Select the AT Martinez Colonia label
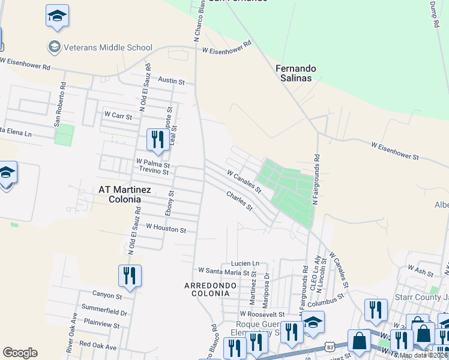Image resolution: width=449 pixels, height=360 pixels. tap(120, 194)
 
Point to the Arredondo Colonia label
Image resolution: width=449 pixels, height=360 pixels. tap(206, 289)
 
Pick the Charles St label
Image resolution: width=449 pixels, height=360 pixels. tap(239, 200)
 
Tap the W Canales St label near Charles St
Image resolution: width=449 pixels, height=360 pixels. tap(244, 181)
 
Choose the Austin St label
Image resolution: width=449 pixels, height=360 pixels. tap(171, 80)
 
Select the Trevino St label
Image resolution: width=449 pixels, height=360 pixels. tap(154, 171)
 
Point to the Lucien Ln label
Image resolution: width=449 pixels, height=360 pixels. tap(245, 263)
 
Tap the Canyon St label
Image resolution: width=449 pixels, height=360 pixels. tap(107, 295)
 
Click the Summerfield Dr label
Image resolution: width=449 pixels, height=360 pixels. tap(107, 313)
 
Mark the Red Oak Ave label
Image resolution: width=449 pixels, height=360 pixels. tap(97, 345)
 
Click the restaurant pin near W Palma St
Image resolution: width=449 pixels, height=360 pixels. tap(156, 140)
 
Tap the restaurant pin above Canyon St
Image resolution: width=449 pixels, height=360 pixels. tap(130, 275)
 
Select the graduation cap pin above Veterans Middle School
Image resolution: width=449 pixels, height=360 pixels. tap(57, 16)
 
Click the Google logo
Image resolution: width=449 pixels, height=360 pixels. tap(20, 353)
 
